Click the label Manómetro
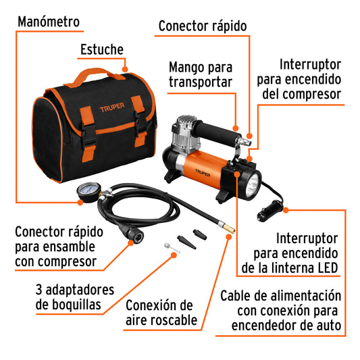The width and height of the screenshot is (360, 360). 49,22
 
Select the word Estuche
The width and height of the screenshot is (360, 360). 102,49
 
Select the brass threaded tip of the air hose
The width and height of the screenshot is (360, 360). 230,230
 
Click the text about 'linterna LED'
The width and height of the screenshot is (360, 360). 289,253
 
